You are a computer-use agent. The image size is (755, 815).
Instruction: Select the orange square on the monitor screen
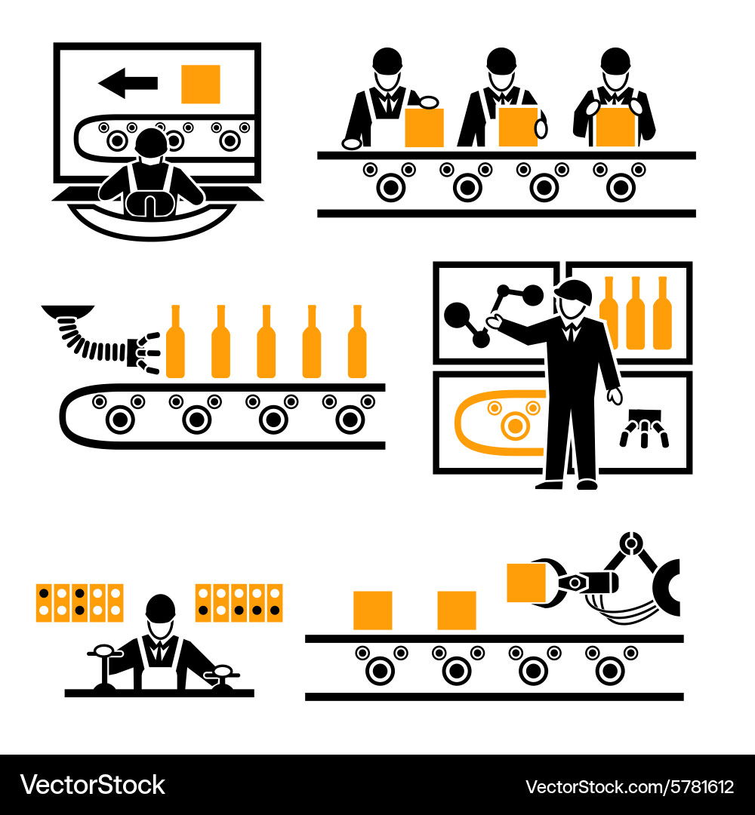coord(200,84)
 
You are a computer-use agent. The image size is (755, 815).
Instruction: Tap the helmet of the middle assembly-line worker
coord(501,60)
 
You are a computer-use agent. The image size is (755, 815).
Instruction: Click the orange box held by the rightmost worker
coord(615,127)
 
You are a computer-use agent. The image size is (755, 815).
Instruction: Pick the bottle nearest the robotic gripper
coord(175,343)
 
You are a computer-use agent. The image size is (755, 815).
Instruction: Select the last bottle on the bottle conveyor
coord(357,343)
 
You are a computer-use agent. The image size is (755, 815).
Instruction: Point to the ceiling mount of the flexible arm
coord(68,310)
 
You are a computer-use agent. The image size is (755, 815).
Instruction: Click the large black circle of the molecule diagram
coord(458,315)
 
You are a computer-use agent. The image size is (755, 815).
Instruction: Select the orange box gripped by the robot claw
coord(526,583)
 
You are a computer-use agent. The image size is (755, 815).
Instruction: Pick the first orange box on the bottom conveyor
coord(372,610)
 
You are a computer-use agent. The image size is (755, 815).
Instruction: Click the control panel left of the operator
coord(79,602)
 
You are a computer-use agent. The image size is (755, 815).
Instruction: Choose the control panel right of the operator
coord(239,602)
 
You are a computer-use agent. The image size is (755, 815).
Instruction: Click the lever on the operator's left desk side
coord(103,664)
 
